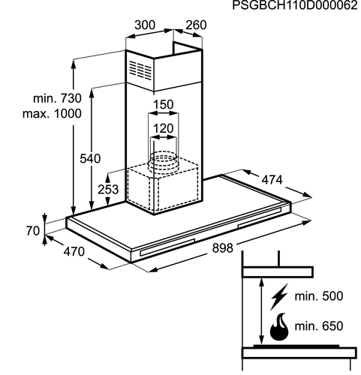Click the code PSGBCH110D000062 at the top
coord(295,5)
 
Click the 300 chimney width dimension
coord(145,25)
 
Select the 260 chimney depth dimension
coord(196,25)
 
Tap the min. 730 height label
coord(57,98)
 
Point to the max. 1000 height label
coord(52,114)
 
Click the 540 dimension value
coord(90,158)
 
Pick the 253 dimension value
coord(108,189)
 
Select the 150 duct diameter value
coord(163,104)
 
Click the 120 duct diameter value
coord(163,128)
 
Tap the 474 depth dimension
coord(272,180)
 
